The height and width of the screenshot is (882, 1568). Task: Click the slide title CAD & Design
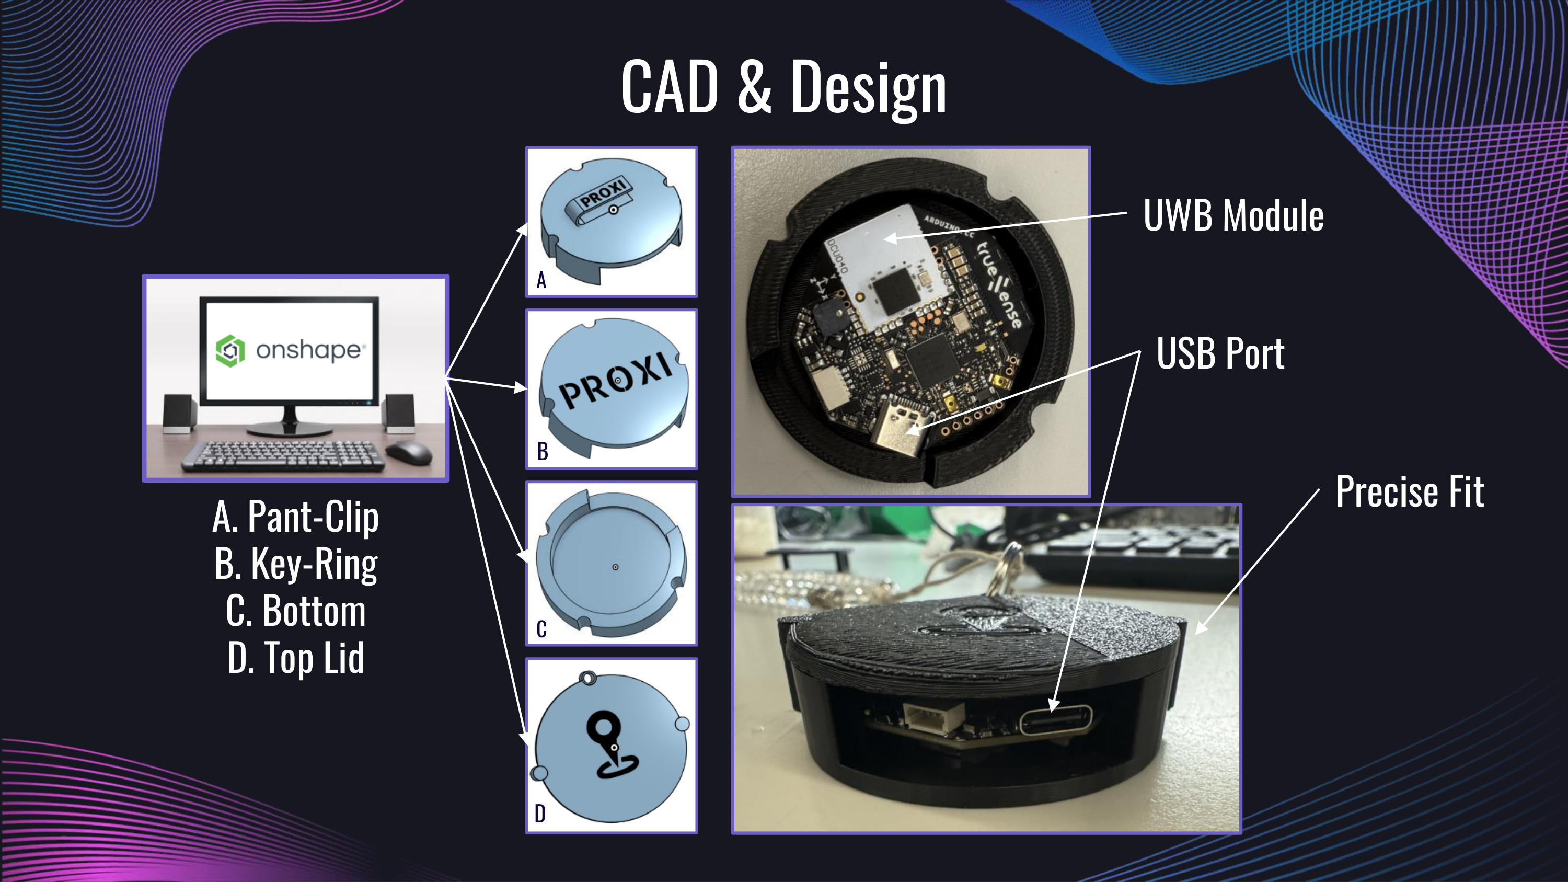pos(784,88)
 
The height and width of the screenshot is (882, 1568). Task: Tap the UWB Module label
pos(1233,215)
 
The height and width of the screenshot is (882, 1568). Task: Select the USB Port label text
pos(1220,353)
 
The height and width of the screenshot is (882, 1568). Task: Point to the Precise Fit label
pos(1410,491)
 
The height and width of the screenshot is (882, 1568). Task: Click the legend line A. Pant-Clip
pos(296,517)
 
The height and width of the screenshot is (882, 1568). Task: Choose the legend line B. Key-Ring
pos(296,564)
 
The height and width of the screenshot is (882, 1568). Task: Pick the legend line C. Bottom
pos(296,611)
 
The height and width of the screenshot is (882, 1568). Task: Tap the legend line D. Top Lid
pos(296,658)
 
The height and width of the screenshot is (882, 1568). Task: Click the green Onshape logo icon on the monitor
pos(230,351)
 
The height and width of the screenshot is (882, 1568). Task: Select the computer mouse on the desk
pos(408,451)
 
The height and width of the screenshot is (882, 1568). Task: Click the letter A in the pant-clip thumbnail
pos(541,281)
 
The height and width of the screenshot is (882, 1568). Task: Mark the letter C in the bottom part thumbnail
pos(541,629)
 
